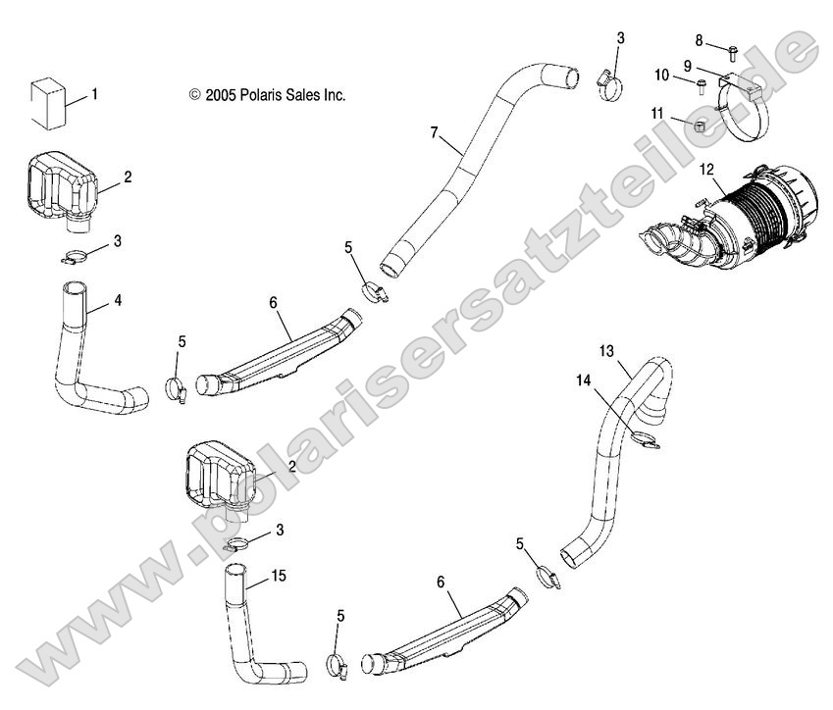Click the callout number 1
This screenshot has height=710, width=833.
pos(94,95)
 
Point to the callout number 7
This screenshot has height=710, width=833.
pos(433,131)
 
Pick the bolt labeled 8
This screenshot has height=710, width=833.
pos(730,46)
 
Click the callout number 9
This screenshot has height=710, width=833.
pos(687,65)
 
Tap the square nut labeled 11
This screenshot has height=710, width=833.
pos(700,126)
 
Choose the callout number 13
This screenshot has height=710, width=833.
pos(605,350)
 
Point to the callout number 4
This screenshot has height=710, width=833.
pos(118,300)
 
